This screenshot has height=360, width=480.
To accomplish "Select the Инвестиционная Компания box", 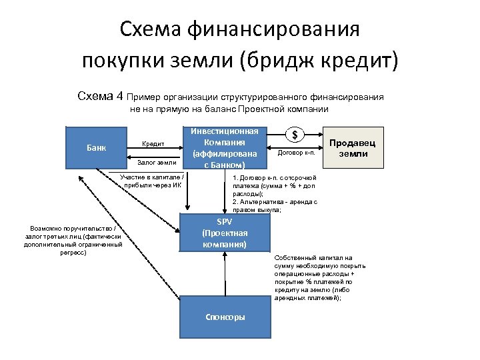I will click(225, 147).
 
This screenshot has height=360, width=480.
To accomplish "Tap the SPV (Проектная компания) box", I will click(225, 233).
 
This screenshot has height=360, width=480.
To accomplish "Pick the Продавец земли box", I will click(353, 147).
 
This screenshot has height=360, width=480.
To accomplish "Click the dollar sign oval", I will click(295, 135).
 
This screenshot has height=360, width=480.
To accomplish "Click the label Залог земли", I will click(157, 162).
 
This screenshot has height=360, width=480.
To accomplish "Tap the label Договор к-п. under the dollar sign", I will click(295, 153).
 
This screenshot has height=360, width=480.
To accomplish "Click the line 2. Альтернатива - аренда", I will click(275, 201).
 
